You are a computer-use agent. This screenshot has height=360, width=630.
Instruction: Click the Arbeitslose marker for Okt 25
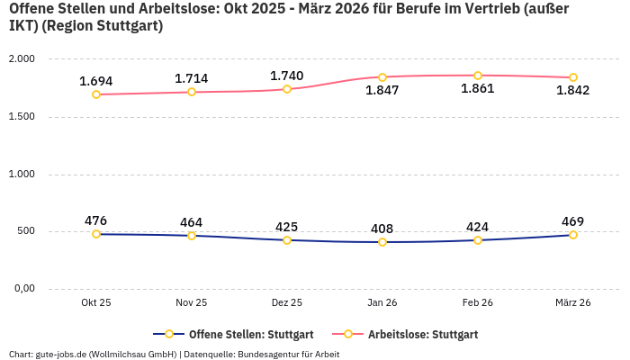tap(96, 94)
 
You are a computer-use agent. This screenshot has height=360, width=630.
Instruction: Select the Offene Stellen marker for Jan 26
tap(382, 242)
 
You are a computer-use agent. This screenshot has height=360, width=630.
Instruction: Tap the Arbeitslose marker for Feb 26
tap(478, 76)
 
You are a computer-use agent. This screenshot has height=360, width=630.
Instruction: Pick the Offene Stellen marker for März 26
tap(573, 235)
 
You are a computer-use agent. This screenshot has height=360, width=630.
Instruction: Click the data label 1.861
tap(478, 89)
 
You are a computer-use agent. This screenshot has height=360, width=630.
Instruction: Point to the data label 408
tap(382, 229)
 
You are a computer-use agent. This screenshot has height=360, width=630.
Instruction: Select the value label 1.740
tap(287, 76)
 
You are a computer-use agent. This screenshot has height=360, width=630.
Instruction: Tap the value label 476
tap(96, 220)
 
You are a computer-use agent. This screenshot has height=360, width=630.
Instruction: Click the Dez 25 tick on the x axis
tap(287, 303)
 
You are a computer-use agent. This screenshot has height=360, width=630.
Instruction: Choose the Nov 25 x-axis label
tap(192, 303)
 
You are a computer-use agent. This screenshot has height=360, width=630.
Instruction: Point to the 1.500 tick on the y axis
tap(22, 117)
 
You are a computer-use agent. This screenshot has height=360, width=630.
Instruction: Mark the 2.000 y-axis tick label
tap(22, 59)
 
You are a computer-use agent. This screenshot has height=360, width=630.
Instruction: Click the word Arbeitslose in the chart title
tap(167, 9)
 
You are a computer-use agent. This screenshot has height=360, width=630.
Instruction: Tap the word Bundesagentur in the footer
tap(273, 354)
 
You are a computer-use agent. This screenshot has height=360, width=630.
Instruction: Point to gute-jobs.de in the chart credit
tap(60, 354)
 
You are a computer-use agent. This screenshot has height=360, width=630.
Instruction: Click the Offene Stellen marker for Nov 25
tap(192, 236)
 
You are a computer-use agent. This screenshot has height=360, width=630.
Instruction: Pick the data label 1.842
tap(573, 90)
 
